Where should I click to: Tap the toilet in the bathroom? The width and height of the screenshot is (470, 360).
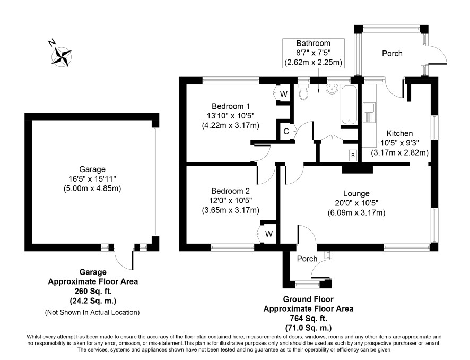pyautogui.click(x=303, y=92)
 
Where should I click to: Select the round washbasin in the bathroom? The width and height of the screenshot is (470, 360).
pyautogui.click(x=332, y=89)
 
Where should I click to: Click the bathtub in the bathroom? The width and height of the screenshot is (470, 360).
pyautogui.click(x=349, y=105)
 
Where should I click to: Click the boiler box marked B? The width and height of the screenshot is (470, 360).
pyautogui.click(x=353, y=156)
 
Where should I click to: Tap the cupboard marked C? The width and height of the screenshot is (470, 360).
pyautogui.click(x=286, y=131)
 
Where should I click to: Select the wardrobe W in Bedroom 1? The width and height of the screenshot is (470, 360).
pyautogui.click(x=284, y=94)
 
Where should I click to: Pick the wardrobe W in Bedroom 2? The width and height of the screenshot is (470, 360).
pyautogui.click(x=269, y=234)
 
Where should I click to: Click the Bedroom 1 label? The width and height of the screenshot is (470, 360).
pyautogui.click(x=231, y=106)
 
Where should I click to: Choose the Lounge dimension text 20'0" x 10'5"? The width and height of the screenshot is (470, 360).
pyautogui.click(x=356, y=203)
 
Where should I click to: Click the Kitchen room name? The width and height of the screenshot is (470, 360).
pyautogui.click(x=399, y=133)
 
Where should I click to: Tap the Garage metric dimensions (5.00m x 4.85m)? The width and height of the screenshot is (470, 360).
pyautogui.click(x=92, y=188)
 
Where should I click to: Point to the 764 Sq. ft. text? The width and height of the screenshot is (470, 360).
pyautogui.click(x=308, y=318)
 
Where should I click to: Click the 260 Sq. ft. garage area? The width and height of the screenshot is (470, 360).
pyautogui.click(x=93, y=291)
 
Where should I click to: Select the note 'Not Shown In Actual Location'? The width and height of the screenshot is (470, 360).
pyautogui.click(x=92, y=312)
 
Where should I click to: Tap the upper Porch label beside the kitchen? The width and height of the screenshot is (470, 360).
pyautogui.click(x=392, y=54)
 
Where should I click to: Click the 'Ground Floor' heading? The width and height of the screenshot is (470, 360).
pyautogui.click(x=308, y=299)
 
